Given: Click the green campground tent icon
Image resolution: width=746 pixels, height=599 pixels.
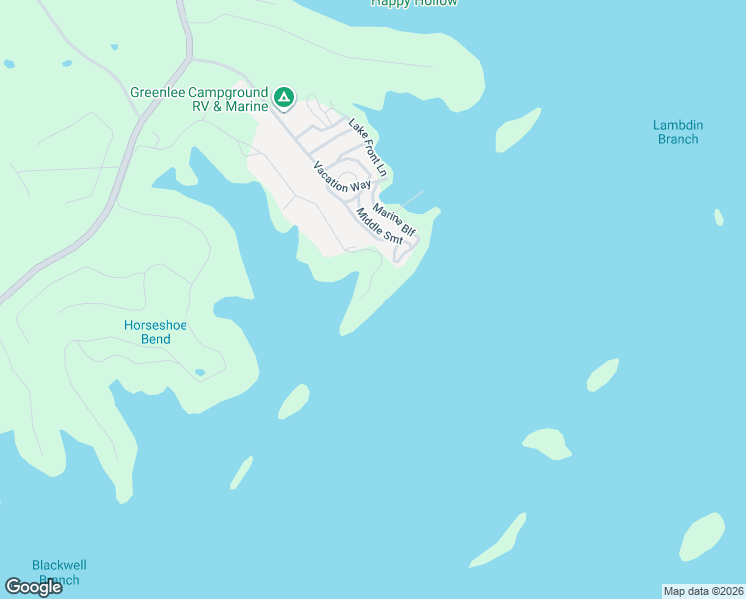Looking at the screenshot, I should (x=284, y=97).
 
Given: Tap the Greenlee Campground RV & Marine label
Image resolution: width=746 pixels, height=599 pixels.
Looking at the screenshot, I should (x=199, y=99).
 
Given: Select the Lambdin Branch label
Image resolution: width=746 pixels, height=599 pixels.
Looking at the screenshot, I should (x=678, y=132).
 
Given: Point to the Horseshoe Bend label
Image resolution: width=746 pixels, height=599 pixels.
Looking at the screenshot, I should (x=155, y=332).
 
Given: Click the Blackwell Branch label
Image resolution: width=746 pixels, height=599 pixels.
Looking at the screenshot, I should (x=55, y=571).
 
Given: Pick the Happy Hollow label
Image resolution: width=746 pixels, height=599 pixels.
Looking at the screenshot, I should (x=414, y=3).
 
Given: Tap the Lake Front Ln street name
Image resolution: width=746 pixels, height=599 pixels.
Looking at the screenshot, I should (x=367, y=147).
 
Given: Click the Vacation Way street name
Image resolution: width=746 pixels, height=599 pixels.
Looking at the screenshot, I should (x=341, y=177).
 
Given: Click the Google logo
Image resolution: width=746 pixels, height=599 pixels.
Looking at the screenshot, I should (x=33, y=587).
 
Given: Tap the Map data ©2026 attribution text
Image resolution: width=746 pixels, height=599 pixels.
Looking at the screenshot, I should (x=704, y=591).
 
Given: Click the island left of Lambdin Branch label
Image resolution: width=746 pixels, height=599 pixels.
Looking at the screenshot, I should (x=517, y=129).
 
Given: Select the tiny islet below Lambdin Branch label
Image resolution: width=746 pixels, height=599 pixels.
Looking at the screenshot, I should (x=719, y=217).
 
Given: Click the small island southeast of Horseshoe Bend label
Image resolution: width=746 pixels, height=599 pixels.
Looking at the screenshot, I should (x=293, y=401).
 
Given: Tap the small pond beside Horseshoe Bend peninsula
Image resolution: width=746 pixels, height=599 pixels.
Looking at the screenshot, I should (x=200, y=373).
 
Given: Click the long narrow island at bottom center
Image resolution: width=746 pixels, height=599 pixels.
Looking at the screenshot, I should (x=499, y=541).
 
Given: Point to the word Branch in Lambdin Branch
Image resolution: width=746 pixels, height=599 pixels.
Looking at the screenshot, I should (x=678, y=139).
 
